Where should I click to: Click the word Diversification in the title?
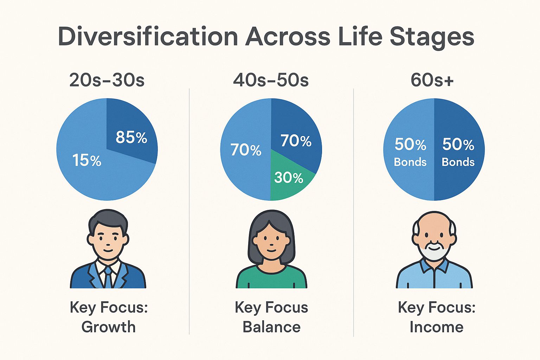[x=148, y=36]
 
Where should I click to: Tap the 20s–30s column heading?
[x=107, y=80]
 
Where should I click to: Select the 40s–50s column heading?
[x=271, y=80]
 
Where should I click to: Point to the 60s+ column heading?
[x=432, y=80]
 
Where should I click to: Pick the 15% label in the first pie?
[x=87, y=160]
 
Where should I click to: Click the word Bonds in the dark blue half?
[x=458, y=162]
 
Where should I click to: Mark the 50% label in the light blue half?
[x=410, y=144]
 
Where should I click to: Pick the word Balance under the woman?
[x=271, y=327]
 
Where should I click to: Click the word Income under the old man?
[x=437, y=327]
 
